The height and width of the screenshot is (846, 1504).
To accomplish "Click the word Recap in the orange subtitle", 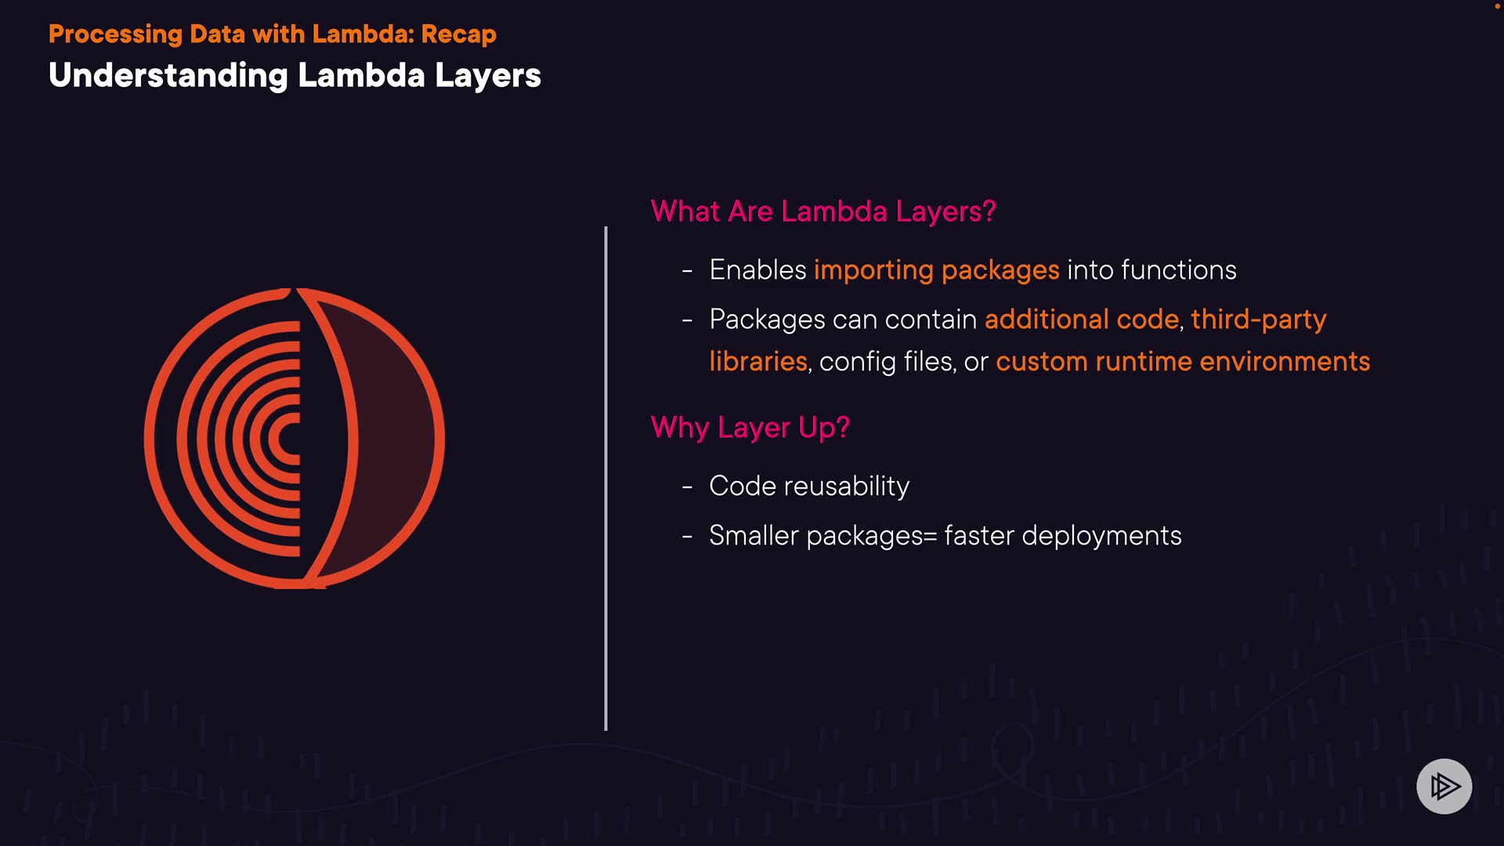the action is (458, 34).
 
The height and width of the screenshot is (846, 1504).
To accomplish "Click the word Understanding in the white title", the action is (168, 76).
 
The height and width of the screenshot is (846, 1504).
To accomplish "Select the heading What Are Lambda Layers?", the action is (823, 211).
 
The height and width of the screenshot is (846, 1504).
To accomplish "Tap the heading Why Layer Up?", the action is (750, 428).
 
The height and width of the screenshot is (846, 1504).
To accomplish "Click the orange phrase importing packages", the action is (936, 270).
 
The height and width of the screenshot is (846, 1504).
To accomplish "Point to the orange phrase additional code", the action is (1081, 320).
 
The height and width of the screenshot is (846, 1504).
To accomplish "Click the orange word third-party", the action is (1258, 320).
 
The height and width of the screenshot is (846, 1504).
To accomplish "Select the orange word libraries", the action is (757, 362).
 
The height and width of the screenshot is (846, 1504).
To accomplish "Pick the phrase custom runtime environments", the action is (1182, 362).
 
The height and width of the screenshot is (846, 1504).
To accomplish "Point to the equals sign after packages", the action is (931, 537).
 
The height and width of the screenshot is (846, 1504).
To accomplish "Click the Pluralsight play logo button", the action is (1444, 786).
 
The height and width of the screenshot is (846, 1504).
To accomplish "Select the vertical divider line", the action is (606, 478).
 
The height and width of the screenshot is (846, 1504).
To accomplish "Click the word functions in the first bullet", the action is (1178, 270).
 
